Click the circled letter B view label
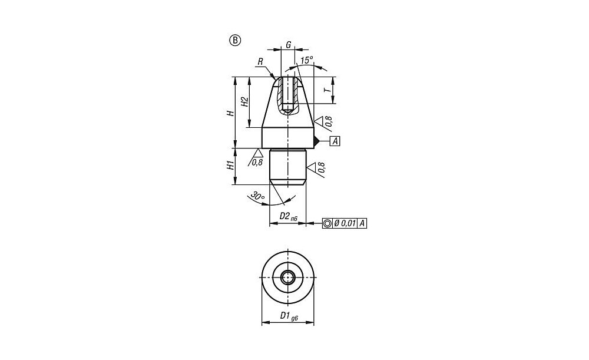click(235, 40)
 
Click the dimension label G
click(289, 45)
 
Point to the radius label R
click(260, 61)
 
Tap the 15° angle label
click(307, 60)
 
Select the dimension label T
click(328, 90)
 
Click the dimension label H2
click(244, 102)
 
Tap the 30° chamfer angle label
click(258, 196)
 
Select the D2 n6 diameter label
click(289, 216)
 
